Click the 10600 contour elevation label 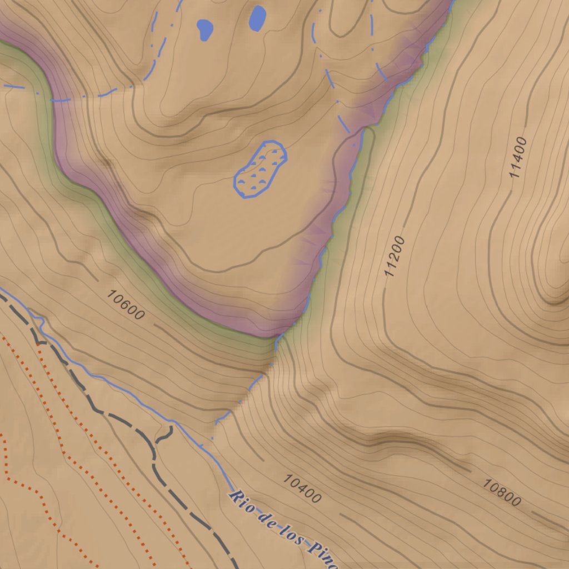[126, 306]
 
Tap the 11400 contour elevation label [518, 157]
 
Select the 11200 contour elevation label [395, 257]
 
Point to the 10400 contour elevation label [302, 488]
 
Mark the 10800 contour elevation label [501, 493]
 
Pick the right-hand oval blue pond [257, 18]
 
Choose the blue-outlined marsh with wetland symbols [260, 169]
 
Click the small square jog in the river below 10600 [38, 320]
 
